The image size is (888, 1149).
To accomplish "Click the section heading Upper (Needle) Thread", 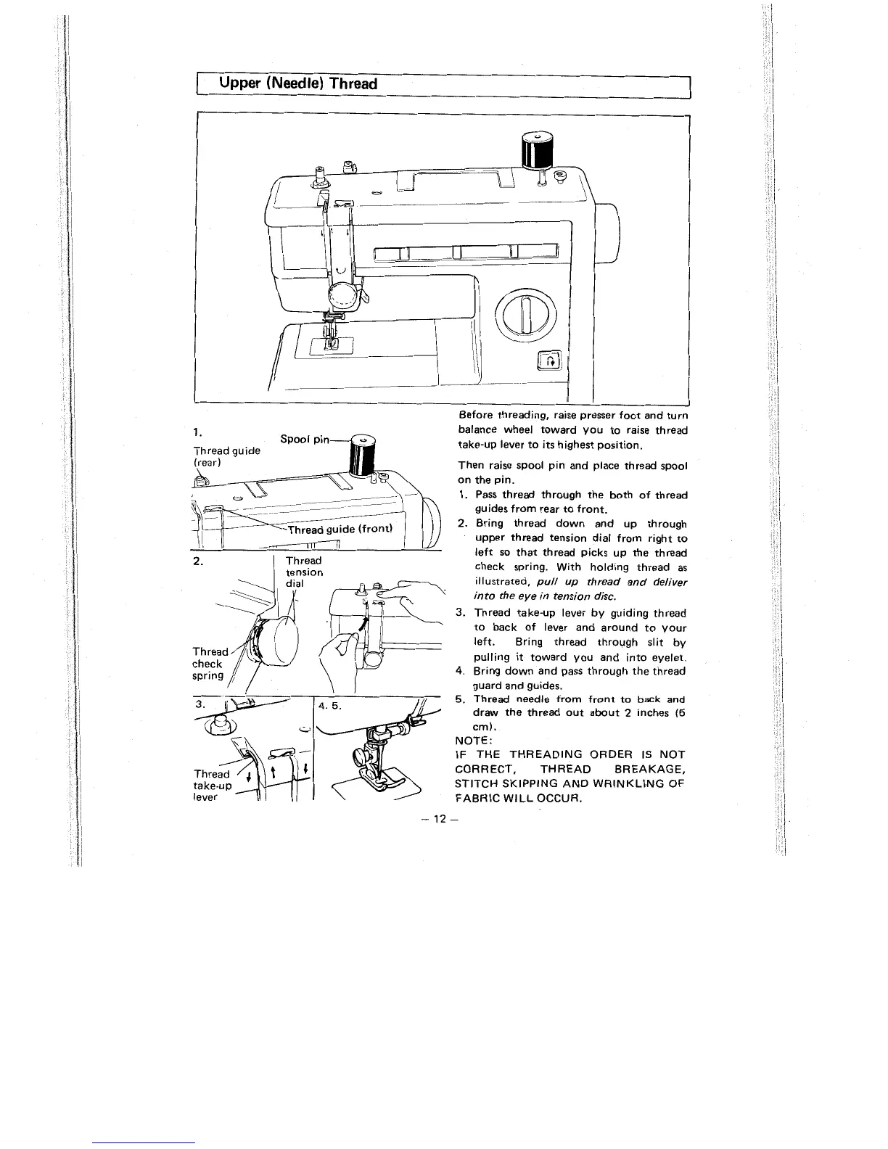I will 299,83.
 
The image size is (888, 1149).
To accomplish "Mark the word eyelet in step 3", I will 665,656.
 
